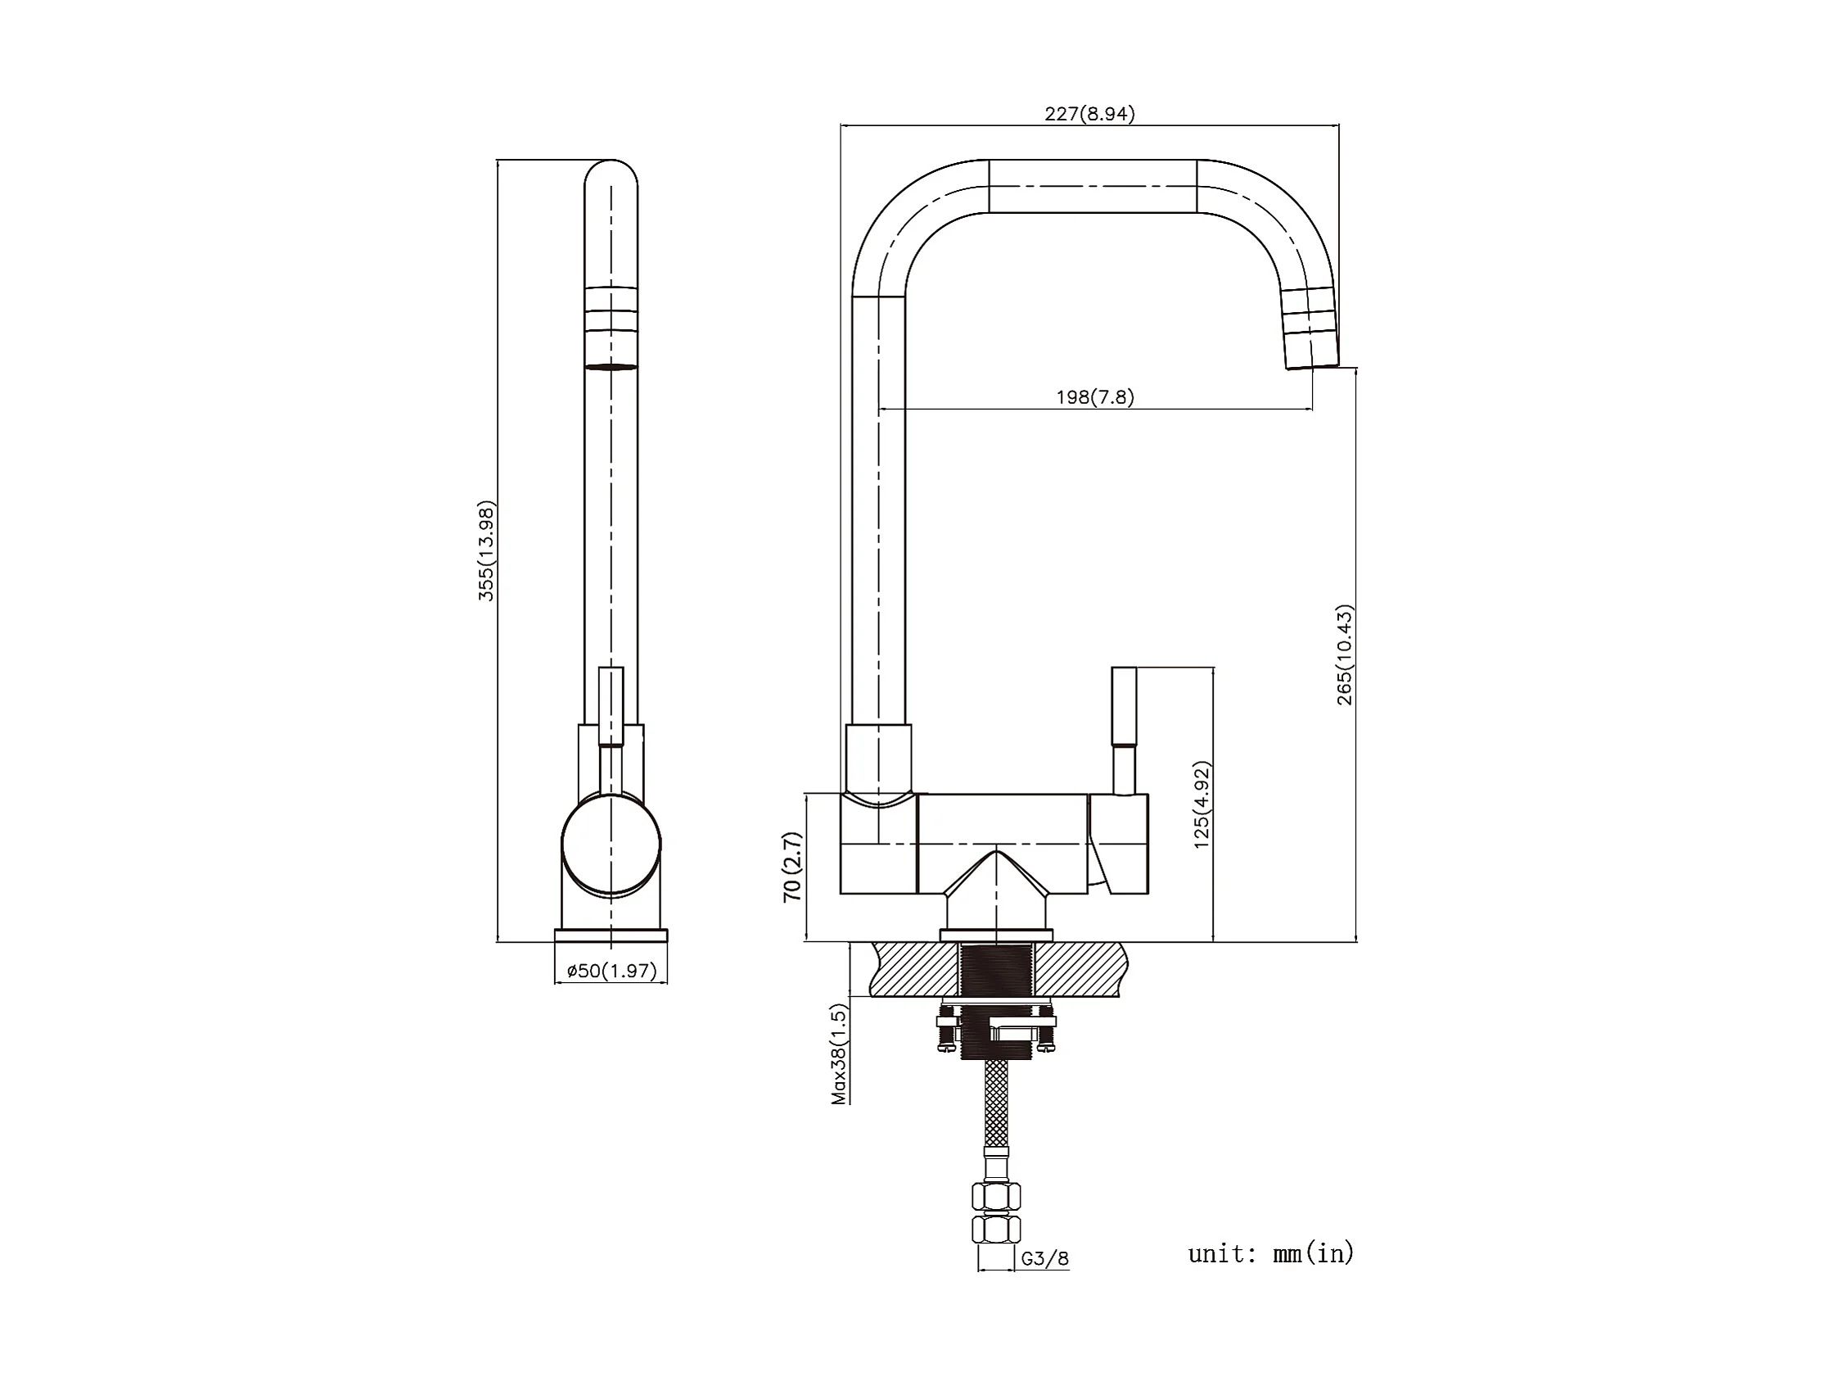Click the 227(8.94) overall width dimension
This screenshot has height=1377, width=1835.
pyautogui.click(x=1089, y=114)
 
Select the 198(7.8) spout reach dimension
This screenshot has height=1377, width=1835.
pyautogui.click(x=1094, y=396)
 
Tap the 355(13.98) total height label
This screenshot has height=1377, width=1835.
pyautogui.click(x=486, y=550)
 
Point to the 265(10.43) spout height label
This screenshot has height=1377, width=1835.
pyautogui.click(x=1344, y=655)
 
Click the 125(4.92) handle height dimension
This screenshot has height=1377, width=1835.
pyautogui.click(x=1202, y=804)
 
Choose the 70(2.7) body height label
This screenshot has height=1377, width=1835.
pyautogui.click(x=792, y=867)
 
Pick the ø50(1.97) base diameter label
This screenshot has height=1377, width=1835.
pyautogui.click(x=611, y=971)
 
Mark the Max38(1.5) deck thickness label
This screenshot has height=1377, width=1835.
pyautogui.click(x=840, y=1054)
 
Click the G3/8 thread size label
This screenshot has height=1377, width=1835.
pyautogui.click(x=1044, y=1258)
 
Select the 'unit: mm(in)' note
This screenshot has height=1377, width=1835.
pyautogui.click(x=1270, y=1252)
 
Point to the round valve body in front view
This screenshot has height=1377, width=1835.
pyautogui.click(x=611, y=845)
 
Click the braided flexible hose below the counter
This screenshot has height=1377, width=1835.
pyautogui.click(x=995, y=1103)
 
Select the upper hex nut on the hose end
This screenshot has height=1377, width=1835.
pyautogui.click(x=995, y=1196)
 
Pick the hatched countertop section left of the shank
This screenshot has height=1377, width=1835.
pyautogui.click(x=913, y=968)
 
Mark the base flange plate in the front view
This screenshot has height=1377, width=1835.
pyautogui.click(x=611, y=935)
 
